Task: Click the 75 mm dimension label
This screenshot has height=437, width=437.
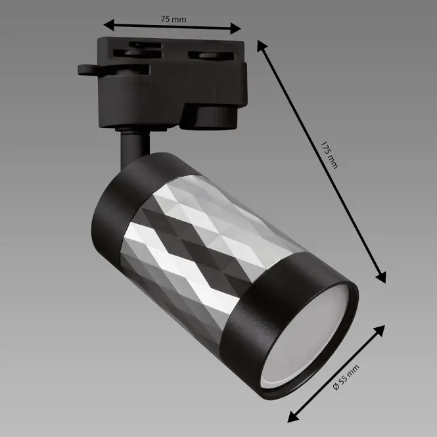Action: click(x=173, y=19)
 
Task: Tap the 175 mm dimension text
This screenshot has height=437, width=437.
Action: click(x=329, y=155)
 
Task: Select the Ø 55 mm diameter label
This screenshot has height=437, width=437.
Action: click(x=346, y=377)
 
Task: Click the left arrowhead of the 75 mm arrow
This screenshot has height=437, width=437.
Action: click(x=109, y=25)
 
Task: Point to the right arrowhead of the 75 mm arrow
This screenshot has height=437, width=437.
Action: click(x=235, y=28)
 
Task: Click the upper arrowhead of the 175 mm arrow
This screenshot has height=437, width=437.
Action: click(x=262, y=46)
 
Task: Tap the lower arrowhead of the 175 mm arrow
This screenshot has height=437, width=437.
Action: click(x=381, y=277)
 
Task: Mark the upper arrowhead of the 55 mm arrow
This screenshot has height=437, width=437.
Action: click(x=379, y=331)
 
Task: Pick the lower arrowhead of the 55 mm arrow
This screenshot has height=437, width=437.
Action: click(x=293, y=417)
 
